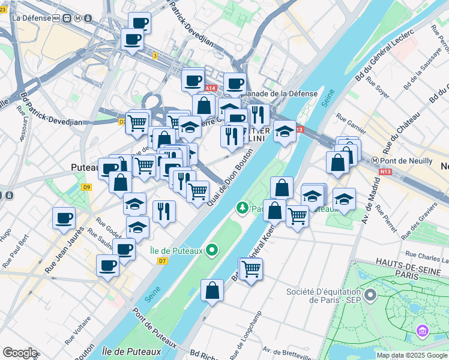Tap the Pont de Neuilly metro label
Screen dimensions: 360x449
point(406,161)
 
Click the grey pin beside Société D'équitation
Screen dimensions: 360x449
point(370,295)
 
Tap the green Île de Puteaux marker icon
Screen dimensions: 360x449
point(211,250)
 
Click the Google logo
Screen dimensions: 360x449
point(19,353)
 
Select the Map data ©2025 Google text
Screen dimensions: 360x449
point(412,355)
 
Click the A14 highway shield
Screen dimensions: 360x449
point(208,88)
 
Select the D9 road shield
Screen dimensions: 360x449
point(88,187)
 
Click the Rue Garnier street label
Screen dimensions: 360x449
point(351,122)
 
